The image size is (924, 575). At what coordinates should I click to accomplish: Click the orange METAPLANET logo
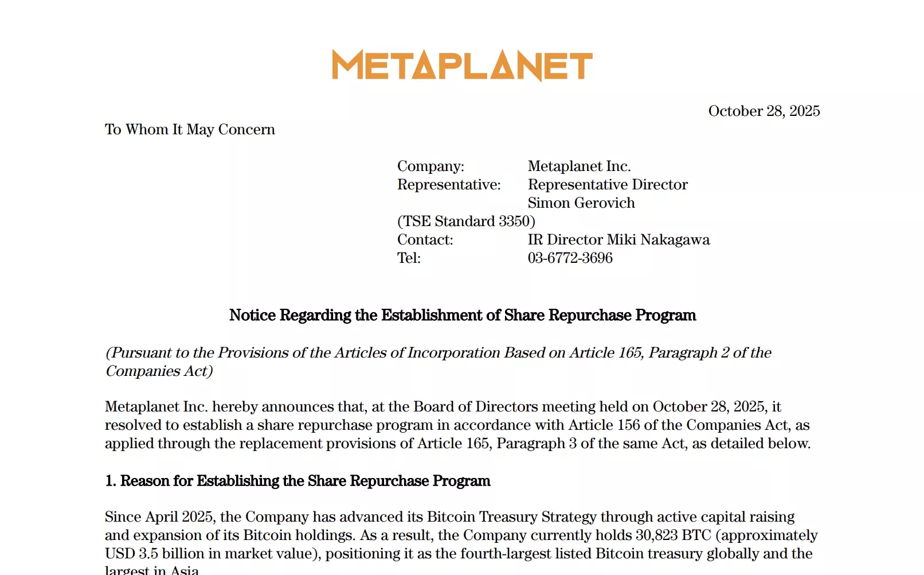pyautogui.click(x=462, y=65)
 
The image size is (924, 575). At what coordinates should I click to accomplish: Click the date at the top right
pyautogui.click(x=764, y=111)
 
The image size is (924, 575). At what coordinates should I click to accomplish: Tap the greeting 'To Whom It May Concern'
pyautogui.click(x=190, y=130)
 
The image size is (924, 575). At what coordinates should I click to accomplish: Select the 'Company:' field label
pyautogui.click(x=430, y=166)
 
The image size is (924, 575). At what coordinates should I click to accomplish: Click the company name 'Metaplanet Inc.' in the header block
pyautogui.click(x=579, y=166)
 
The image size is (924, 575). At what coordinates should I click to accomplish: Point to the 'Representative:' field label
pyautogui.click(x=449, y=185)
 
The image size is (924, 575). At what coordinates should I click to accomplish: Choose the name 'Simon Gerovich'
pyautogui.click(x=581, y=203)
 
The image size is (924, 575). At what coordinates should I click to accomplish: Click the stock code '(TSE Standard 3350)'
pyautogui.click(x=466, y=222)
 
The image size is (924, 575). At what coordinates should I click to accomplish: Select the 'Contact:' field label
pyautogui.click(x=425, y=240)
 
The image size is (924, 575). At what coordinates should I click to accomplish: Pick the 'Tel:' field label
pyautogui.click(x=409, y=258)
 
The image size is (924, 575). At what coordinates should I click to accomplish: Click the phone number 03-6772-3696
pyautogui.click(x=570, y=258)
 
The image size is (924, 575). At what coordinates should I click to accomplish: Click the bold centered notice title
pyautogui.click(x=462, y=315)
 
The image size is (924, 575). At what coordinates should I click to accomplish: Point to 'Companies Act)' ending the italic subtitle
pyautogui.click(x=159, y=371)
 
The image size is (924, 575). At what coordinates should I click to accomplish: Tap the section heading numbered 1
pyautogui.click(x=297, y=481)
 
